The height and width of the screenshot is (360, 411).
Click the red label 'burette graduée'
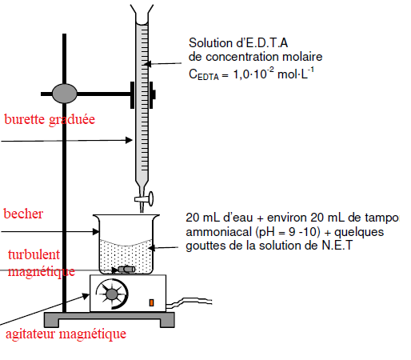pyautogui.click(x=50, y=120)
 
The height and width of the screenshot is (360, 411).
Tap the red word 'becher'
pyautogui.click(x=23, y=214)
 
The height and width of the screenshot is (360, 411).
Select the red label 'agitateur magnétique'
pyautogui.click(x=66, y=334)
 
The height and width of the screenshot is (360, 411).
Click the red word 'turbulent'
pyautogui.click(x=34, y=254)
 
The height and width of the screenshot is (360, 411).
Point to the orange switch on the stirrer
pyautogui.click(x=151, y=302)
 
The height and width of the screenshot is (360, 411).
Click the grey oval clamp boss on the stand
pyautogui.click(x=65, y=94)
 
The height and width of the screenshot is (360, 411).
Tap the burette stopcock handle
pyautogui.click(x=145, y=199)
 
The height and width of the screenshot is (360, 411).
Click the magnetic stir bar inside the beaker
pyautogui.click(x=126, y=270)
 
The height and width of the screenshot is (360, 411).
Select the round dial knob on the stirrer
pyautogui.click(x=112, y=294)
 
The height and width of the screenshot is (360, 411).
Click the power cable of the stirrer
pyautogui.click(x=189, y=302)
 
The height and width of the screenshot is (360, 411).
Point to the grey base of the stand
pyautogui.click(x=110, y=320)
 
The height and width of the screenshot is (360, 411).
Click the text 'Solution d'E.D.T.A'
pyautogui.click(x=238, y=43)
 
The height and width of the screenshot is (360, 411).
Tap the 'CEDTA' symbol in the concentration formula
pyautogui.click(x=204, y=74)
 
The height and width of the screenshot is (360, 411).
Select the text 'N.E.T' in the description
pyautogui.click(x=337, y=246)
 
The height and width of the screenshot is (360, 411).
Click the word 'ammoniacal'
pyautogui.click(x=219, y=232)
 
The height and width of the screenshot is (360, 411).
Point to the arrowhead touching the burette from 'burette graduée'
pyautogui.click(x=129, y=140)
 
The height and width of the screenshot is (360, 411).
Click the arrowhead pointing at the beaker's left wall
pyautogui.click(x=96, y=231)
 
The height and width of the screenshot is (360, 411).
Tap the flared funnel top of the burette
pyautogui.click(x=142, y=14)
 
